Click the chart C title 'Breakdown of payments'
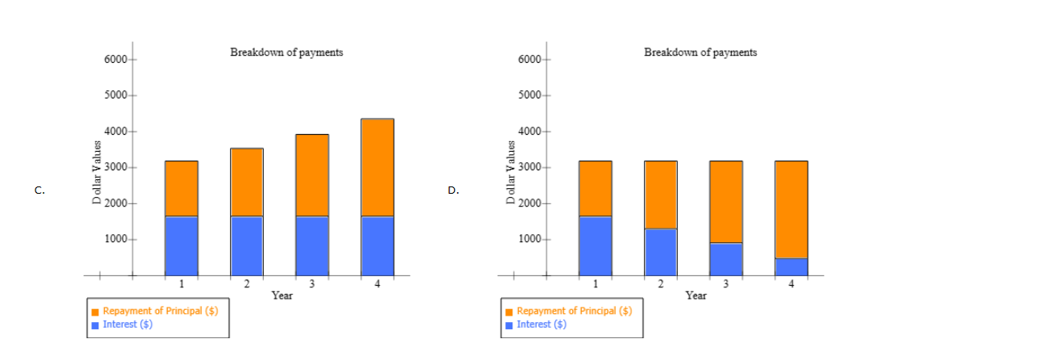pos(286,52)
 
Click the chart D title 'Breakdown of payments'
pos(700,52)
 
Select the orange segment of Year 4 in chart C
pos(377,167)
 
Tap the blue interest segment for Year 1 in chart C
pos(182,245)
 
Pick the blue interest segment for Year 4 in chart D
pos(791,266)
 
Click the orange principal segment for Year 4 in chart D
pos(791,209)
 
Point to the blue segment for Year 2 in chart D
pos(660,252)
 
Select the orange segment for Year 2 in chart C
pos(247,182)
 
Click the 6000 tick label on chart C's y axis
pos(115,61)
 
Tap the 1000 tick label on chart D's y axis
pos(529,240)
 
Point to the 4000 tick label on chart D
pos(529,132)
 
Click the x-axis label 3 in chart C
pos(312,283)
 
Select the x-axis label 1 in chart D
pos(595,283)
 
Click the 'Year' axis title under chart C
pos(282,295)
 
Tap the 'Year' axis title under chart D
pos(696,295)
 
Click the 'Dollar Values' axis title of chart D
pos(510,177)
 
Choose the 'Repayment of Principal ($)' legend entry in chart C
pos(160,311)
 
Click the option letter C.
pos(39,190)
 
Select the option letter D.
pos(453,190)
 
